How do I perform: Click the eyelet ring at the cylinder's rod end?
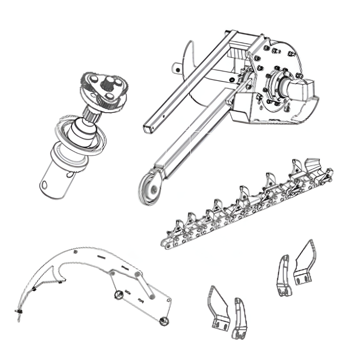(149, 188)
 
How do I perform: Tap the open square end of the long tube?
(149, 129)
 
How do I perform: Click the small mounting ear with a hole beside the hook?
(177, 68)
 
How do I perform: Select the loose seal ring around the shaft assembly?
(80, 133)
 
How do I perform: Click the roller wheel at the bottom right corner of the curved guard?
(164, 321)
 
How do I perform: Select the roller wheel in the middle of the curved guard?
(118, 295)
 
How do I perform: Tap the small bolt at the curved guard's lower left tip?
(17, 312)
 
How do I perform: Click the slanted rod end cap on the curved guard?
(152, 295)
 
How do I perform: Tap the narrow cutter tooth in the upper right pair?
(284, 277)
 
